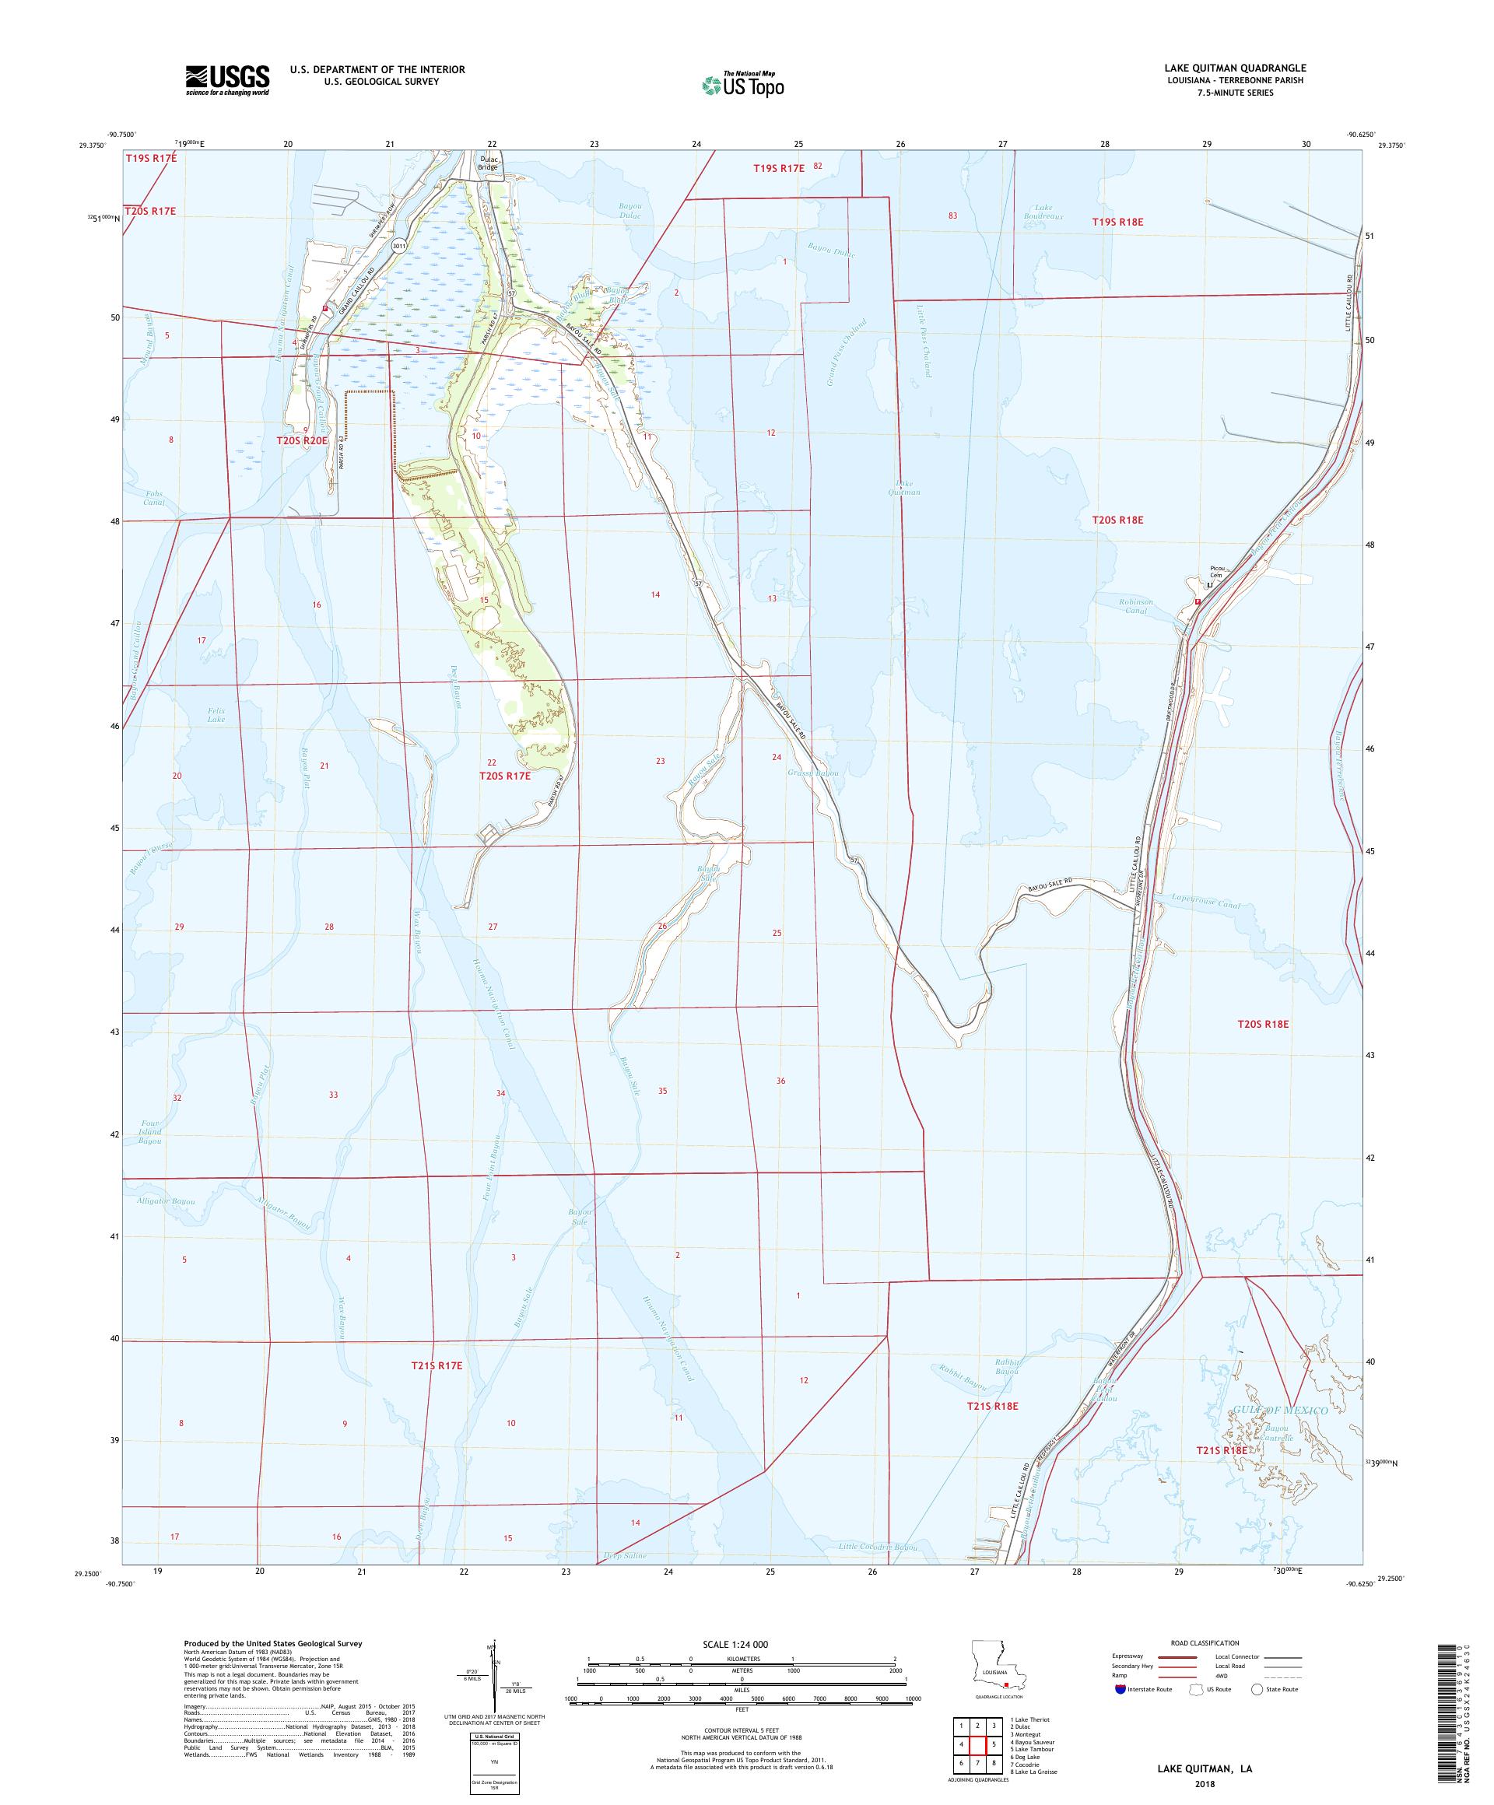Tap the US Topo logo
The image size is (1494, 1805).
pyautogui.click(x=744, y=83)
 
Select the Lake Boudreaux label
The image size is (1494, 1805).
pyautogui.click(x=1048, y=212)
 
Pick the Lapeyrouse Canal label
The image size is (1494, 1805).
pyautogui.click(x=1206, y=905)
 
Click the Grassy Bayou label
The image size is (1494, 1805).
pyautogui.click(x=812, y=773)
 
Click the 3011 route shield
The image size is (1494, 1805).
pyautogui.click(x=398, y=246)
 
